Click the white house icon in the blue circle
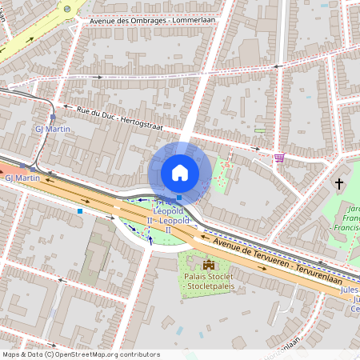pos(180,172)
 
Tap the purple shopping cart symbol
pos(278,158)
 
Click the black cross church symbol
pos(339,185)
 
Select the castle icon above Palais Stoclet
pos(209,265)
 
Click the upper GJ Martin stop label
pos(53,129)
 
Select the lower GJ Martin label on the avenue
pos(22,178)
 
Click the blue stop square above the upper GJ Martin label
pos(53,117)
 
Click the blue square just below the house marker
pos(179,198)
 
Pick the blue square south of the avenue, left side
pos(80,211)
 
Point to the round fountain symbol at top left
pos(68,10)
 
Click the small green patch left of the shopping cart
pos(259,130)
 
